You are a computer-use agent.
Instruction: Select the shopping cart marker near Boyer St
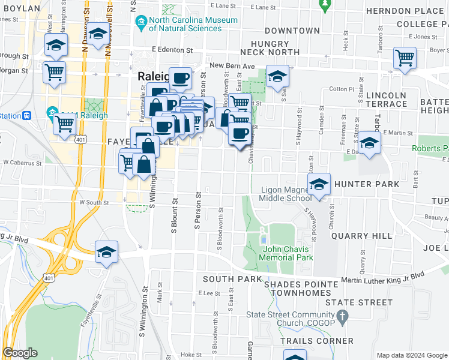405,59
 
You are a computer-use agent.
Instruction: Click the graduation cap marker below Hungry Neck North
277,77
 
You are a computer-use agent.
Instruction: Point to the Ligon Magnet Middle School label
286,194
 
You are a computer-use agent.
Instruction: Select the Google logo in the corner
20,353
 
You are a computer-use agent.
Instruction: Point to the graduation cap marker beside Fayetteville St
106,253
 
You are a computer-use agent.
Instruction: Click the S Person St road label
196,212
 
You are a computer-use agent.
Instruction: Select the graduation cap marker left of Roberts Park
370,144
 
